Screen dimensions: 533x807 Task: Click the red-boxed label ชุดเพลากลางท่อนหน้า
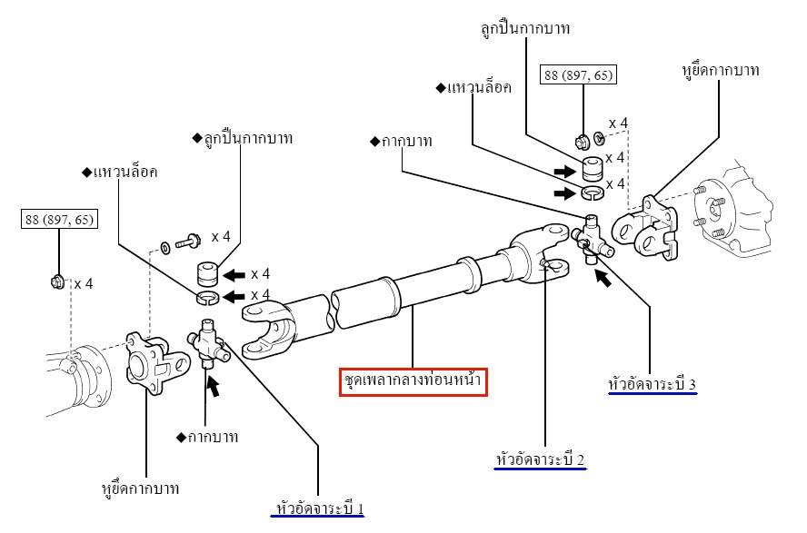[x=413, y=381]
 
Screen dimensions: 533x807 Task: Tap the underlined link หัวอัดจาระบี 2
[x=541, y=459]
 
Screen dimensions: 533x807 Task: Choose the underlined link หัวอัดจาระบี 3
[x=652, y=384]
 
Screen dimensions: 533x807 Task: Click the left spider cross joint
[x=208, y=344]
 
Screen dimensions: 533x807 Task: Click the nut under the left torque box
[x=57, y=282]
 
